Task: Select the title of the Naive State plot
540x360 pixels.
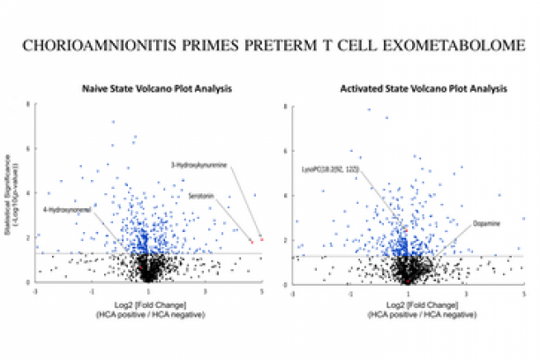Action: [147, 89]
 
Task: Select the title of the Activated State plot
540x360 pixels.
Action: [408, 89]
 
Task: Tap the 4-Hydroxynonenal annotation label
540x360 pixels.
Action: [65, 210]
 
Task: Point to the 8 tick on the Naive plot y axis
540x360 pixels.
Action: [32, 104]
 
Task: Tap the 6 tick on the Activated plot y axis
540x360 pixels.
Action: [291, 150]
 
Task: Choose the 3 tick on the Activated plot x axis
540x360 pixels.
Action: [466, 291]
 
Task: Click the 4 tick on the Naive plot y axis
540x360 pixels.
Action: [32, 193]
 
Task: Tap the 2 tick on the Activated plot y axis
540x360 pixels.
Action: [291, 239]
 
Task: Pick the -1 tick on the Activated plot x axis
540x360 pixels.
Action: [350, 291]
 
